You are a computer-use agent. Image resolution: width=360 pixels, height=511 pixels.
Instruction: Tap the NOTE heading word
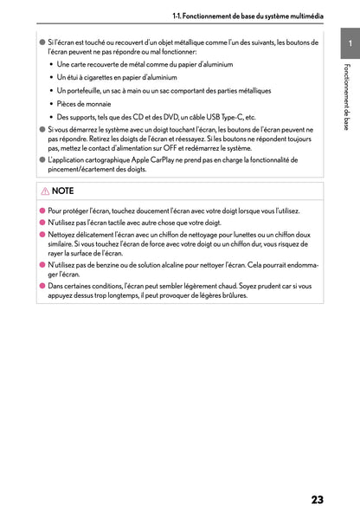tap(63, 191)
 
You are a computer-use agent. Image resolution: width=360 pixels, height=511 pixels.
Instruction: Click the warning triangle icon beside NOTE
tap(45, 191)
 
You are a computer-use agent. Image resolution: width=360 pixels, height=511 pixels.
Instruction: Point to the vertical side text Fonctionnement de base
tap(346, 96)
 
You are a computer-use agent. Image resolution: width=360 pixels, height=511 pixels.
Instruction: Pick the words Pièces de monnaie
tap(83, 103)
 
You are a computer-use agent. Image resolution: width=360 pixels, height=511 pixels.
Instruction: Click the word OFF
tap(190, 147)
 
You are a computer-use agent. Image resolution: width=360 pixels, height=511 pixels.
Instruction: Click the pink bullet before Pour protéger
tap(42, 210)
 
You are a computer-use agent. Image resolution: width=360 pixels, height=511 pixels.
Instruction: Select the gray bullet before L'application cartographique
tap(42, 160)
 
